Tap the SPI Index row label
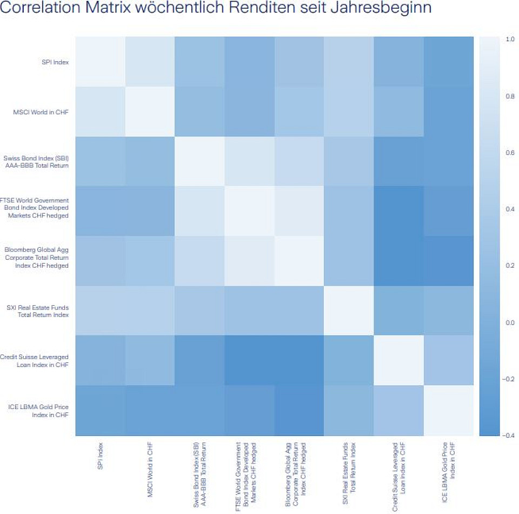[x=56, y=62]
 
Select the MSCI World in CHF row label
[x=45, y=112]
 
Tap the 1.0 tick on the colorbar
[x=510, y=39]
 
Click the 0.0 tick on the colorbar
[x=510, y=322]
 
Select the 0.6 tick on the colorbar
[x=510, y=153]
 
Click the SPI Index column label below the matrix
[x=101, y=456]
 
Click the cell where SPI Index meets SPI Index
[x=100, y=62]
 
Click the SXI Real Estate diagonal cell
[x=349, y=311]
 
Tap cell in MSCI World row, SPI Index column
[x=100, y=111]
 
